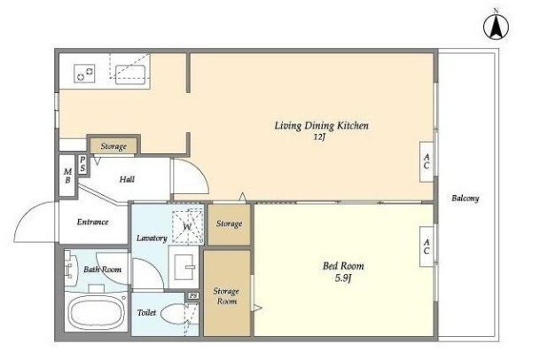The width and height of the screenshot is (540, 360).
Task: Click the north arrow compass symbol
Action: point(496,27)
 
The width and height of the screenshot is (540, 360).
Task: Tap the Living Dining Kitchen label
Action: point(321,125)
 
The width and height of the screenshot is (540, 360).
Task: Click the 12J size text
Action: point(319,137)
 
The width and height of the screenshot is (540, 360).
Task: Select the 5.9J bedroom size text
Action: point(342,278)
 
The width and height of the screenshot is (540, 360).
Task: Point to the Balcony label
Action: point(466,199)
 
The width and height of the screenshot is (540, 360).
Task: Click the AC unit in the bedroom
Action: point(427,247)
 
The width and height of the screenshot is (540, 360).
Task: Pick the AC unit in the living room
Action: point(427,161)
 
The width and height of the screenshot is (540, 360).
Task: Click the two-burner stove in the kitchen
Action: point(84,74)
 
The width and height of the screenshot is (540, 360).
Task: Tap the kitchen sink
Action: point(130,74)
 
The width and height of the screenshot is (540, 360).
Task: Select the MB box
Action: point(67,176)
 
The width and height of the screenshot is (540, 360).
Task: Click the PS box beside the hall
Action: point(82,164)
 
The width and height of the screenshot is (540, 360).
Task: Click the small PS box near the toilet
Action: point(193,296)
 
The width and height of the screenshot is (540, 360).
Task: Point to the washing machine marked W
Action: point(188,226)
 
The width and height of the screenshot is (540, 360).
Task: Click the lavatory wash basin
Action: point(184,267)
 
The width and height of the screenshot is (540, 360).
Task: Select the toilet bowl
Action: point(175,314)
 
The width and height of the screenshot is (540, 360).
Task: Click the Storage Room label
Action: point(225,296)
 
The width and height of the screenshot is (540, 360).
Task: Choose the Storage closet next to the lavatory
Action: point(229,224)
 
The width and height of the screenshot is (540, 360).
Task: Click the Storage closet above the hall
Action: point(113,146)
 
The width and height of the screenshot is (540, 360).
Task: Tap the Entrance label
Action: point(92,222)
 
